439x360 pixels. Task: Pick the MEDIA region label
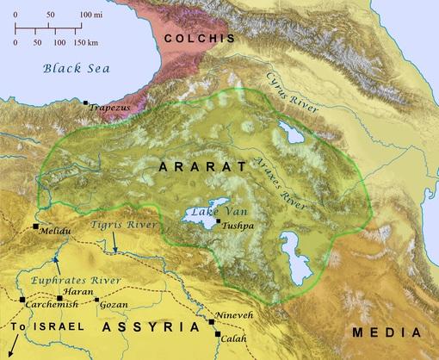pyautogui.click(x=385, y=330)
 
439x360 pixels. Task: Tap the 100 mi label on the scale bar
pyautogui.click(x=90, y=17)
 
